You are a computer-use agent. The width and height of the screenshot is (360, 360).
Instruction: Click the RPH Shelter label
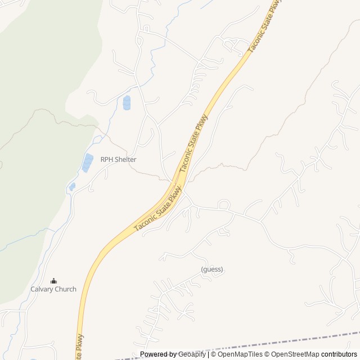tap(118, 159)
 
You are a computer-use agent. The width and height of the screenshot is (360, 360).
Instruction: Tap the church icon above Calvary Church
tap(53, 281)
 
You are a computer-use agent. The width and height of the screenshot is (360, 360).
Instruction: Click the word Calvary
tap(42, 289)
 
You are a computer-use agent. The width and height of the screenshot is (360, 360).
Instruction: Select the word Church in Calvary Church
tap(65, 289)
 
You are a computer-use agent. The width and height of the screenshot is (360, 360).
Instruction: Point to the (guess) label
tap(212, 269)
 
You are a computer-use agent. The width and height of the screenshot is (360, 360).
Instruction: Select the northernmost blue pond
tap(127, 103)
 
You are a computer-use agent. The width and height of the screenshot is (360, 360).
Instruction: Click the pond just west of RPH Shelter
tap(88, 163)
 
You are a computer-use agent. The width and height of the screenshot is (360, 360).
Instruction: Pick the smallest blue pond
tap(72, 186)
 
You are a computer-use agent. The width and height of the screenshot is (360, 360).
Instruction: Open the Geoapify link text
tap(192, 354)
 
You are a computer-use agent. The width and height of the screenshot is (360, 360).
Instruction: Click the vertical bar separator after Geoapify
tap(208, 354)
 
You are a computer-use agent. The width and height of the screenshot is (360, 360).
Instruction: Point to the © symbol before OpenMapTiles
tap(214, 354)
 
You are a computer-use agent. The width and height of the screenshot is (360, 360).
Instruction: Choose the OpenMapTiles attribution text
tap(240, 354)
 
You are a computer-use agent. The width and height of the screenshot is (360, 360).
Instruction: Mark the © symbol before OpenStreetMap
tap(267, 354)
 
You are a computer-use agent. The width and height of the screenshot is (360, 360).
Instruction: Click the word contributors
tap(339, 354)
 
